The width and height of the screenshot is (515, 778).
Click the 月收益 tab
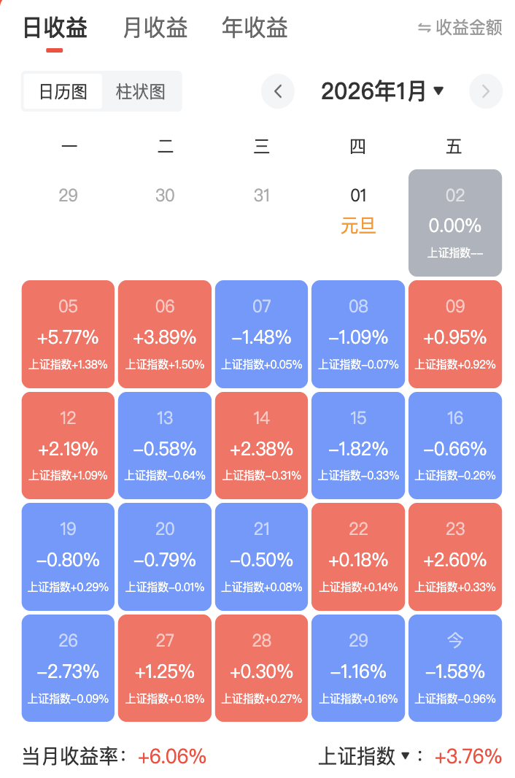(155, 28)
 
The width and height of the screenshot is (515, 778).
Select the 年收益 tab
(255, 28)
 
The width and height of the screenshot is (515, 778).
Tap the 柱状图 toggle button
(141, 92)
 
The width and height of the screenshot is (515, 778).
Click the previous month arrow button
(278, 92)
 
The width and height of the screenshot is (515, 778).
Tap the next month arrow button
(486, 92)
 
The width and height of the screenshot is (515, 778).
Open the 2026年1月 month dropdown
(382, 92)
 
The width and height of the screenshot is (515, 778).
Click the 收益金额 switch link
(460, 28)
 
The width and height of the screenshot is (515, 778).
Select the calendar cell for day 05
(69, 334)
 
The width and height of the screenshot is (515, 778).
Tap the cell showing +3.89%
(165, 334)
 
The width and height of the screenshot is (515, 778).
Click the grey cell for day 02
(455, 223)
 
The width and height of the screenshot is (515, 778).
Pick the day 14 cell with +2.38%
(262, 446)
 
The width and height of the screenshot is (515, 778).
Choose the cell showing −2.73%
(69, 669)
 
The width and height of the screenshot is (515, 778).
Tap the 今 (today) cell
(455, 669)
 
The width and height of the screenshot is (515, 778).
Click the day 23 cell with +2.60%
(455, 557)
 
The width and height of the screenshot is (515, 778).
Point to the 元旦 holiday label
(358, 226)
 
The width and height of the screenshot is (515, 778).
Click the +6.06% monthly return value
(172, 757)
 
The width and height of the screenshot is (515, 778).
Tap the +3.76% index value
(468, 757)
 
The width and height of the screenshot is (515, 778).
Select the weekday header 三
(262, 147)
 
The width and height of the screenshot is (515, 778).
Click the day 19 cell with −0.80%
(69, 557)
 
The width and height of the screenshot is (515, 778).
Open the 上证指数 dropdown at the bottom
(365, 757)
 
